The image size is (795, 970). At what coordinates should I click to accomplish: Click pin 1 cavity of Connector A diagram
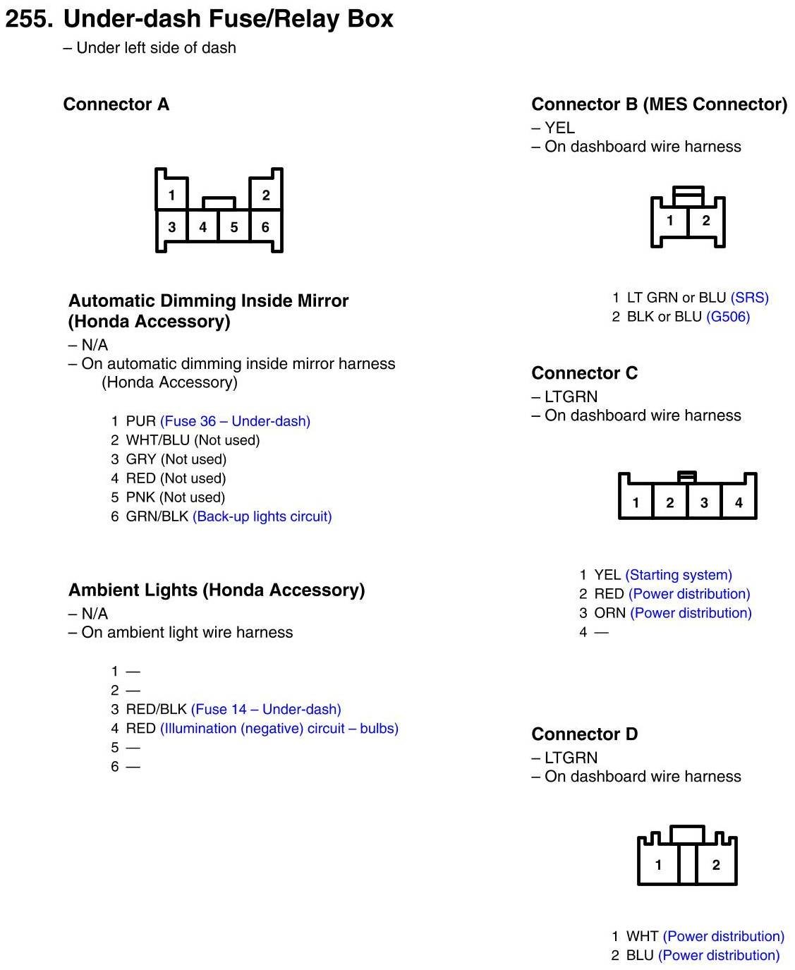pyautogui.click(x=171, y=195)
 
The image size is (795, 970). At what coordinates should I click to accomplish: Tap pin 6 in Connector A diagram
pyautogui.click(x=265, y=227)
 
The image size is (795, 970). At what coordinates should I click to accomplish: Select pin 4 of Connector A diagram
pyautogui.click(x=203, y=227)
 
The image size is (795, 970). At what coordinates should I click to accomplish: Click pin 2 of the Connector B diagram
pyautogui.click(x=705, y=220)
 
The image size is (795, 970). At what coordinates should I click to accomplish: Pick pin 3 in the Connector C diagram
pyautogui.click(x=704, y=502)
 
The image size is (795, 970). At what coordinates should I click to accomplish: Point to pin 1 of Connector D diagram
pyautogui.click(x=658, y=865)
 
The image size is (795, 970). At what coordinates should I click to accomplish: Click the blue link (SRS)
pyautogui.click(x=749, y=298)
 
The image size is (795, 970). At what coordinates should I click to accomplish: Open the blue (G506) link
pyautogui.click(x=727, y=317)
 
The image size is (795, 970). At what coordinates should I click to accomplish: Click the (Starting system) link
pyautogui.click(x=678, y=575)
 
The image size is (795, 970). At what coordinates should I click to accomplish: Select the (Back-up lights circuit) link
pyautogui.click(x=262, y=516)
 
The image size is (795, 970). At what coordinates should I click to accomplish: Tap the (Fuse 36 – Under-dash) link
pyautogui.click(x=235, y=421)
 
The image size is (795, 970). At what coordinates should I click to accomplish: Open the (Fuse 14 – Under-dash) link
pyautogui.click(x=265, y=709)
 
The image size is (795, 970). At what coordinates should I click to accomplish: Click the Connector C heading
pyautogui.click(x=584, y=373)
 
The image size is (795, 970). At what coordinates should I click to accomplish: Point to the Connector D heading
pyautogui.click(x=584, y=734)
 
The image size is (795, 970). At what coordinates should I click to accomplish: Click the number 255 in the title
pyautogui.click(x=28, y=19)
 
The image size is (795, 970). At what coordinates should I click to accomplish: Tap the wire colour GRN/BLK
pyautogui.click(x=157, y=516)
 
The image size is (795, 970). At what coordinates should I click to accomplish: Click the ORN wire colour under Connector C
pyautogui.click(x=609, y=613)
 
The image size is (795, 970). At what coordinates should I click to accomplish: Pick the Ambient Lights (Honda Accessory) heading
pyautogui.click(x=217, y=590)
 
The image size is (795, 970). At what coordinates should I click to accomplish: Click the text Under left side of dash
pyautogui.click(x=156, y=48)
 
